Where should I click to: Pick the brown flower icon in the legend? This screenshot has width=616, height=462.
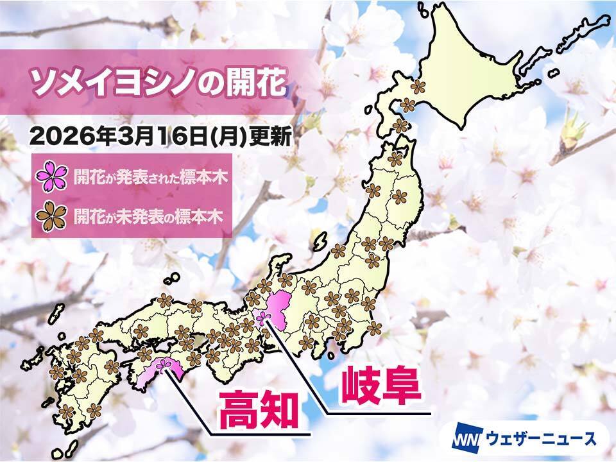pos(52,217)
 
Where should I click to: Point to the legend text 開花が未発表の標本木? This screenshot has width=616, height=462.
pos(148,217)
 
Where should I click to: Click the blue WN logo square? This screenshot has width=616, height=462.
pos(463,440)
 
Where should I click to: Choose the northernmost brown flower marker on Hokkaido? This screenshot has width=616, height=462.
pos(418,85)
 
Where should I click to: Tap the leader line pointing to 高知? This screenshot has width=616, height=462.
pos(193,401)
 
